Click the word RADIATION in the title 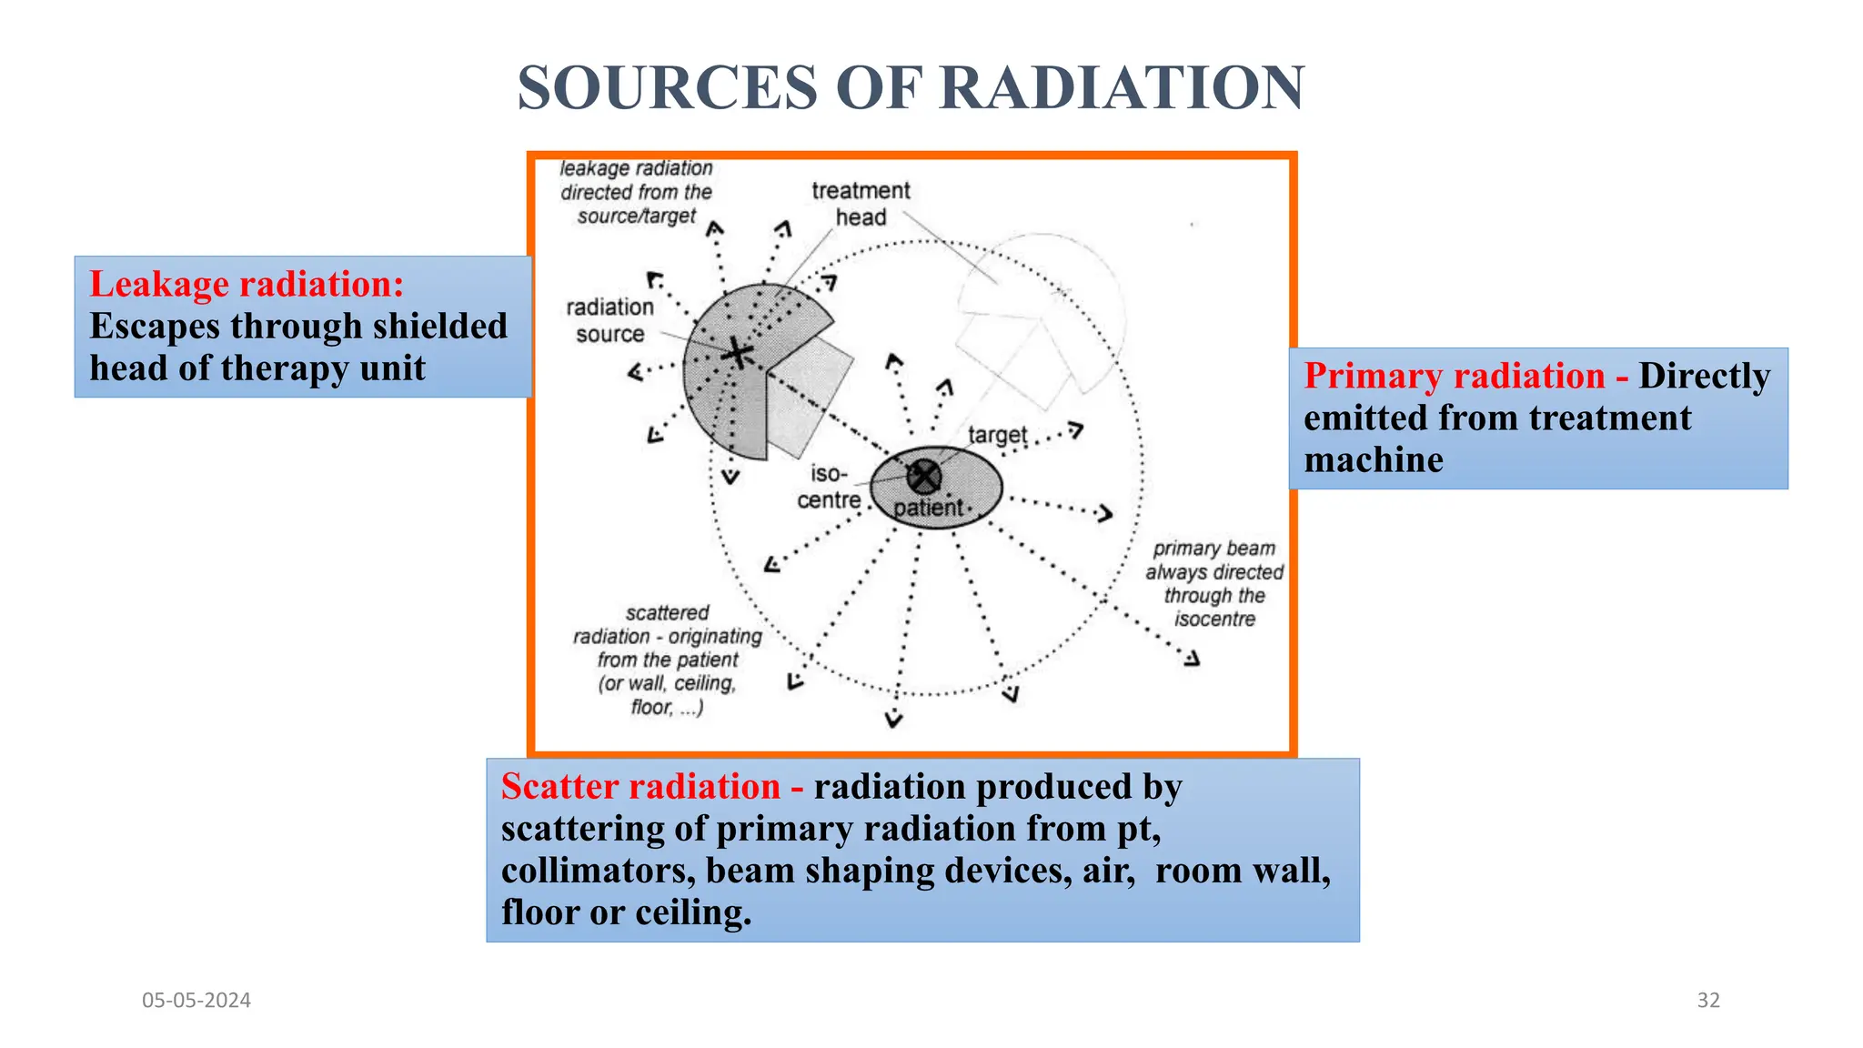click(1121, 88)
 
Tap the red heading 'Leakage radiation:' click(247, 285)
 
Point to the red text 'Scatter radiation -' click(651, 787)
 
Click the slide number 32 click(1708, 1001)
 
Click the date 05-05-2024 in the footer click(196, 1001)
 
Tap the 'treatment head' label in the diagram click(860, 204)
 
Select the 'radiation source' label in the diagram click(609, 320)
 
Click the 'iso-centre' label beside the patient click(828, 487)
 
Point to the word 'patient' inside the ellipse click(927, 508)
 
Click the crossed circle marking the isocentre click(924, 475)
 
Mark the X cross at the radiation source click(738, 354)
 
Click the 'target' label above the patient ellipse click(997, 435)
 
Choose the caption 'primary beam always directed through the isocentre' click(1213, 583)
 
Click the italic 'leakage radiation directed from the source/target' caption click(636, 192)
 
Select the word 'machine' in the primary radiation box click(1373, 460)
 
